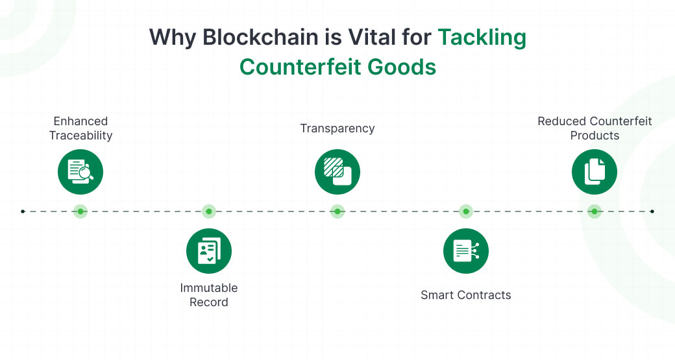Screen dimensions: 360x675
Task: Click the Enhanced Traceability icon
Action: [x=80, y=172]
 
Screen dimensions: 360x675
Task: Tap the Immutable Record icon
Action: [x=209, y=250]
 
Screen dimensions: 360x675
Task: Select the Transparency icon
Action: [x=337, y=172]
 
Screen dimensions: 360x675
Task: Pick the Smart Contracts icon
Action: [x=466, y=250]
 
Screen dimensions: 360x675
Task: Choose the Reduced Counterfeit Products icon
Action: [x=595, y=172]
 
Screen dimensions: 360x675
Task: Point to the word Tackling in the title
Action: [x=482, y=38]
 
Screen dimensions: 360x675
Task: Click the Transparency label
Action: [x=337, y=128]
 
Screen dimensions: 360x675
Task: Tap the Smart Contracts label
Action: [x=466, y=295]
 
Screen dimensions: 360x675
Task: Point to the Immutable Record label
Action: [x=209, y=295]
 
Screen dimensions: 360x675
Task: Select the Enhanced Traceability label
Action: [x=80, y=128]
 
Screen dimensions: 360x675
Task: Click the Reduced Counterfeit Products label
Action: [x=595, y=128]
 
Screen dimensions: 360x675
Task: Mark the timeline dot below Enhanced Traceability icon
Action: [x=80, y=211]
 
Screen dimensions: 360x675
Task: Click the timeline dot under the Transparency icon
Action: [x=337, y=211]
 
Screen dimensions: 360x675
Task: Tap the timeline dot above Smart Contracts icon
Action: [x=466, y=211]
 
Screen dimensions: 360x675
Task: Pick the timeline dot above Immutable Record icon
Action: [x=209, y=211]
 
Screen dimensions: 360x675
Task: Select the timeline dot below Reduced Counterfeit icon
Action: [x=595, y=211]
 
